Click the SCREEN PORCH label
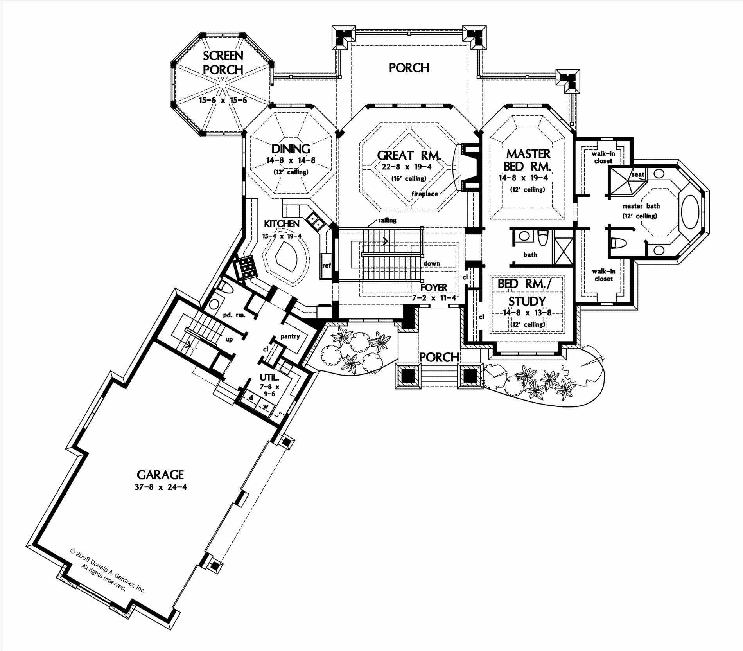tap(223, 63)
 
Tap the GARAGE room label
tap(160, 475)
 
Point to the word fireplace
tap(424, 194)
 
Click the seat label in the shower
tap(637, 174)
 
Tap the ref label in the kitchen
tap(326, 265)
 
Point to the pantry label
tap(290, 336)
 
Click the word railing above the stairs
tap(387, 220)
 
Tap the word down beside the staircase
tap(432, 263)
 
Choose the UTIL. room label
tap(269, 378)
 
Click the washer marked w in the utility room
tap(266, 406)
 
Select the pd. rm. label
tap(234, 315)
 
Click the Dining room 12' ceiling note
tap(291, 172)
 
